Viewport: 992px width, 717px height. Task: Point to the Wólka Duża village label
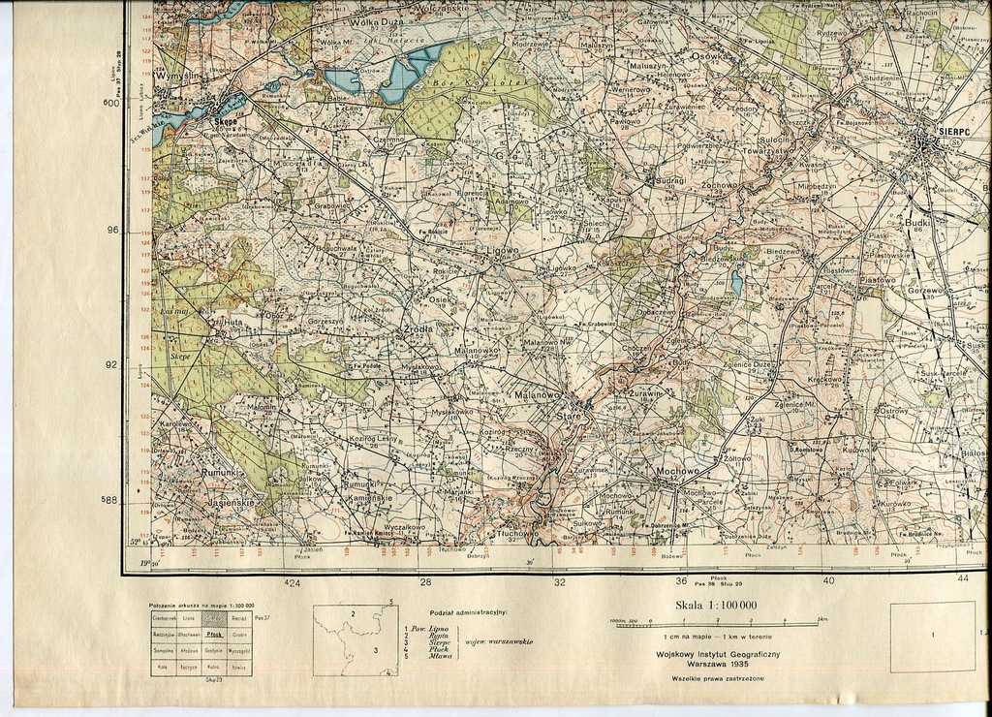(x=351, y=19)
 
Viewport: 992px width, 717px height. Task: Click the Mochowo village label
(x=677, y=472)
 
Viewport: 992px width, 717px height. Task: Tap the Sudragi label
(x=670, y=180)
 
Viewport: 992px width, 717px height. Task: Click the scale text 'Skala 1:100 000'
(x=716, y=606)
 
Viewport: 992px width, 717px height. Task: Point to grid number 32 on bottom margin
(x=560, y=582)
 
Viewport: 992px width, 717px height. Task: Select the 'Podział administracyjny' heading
(x=468, y=612)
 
